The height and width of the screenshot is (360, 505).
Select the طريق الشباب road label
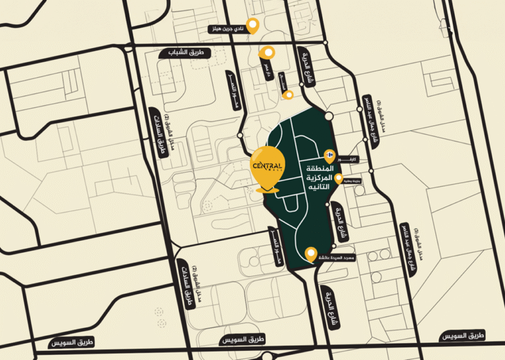point(185,53)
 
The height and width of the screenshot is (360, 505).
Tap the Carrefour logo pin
point(329,153)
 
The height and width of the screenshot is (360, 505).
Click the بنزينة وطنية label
point(351,186)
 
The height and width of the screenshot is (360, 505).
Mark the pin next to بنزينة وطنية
point(339,178)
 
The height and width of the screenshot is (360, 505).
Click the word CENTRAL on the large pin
point(267,165)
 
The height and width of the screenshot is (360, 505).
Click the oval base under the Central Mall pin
point(267,190)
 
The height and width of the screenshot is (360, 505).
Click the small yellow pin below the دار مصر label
point(287,95)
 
